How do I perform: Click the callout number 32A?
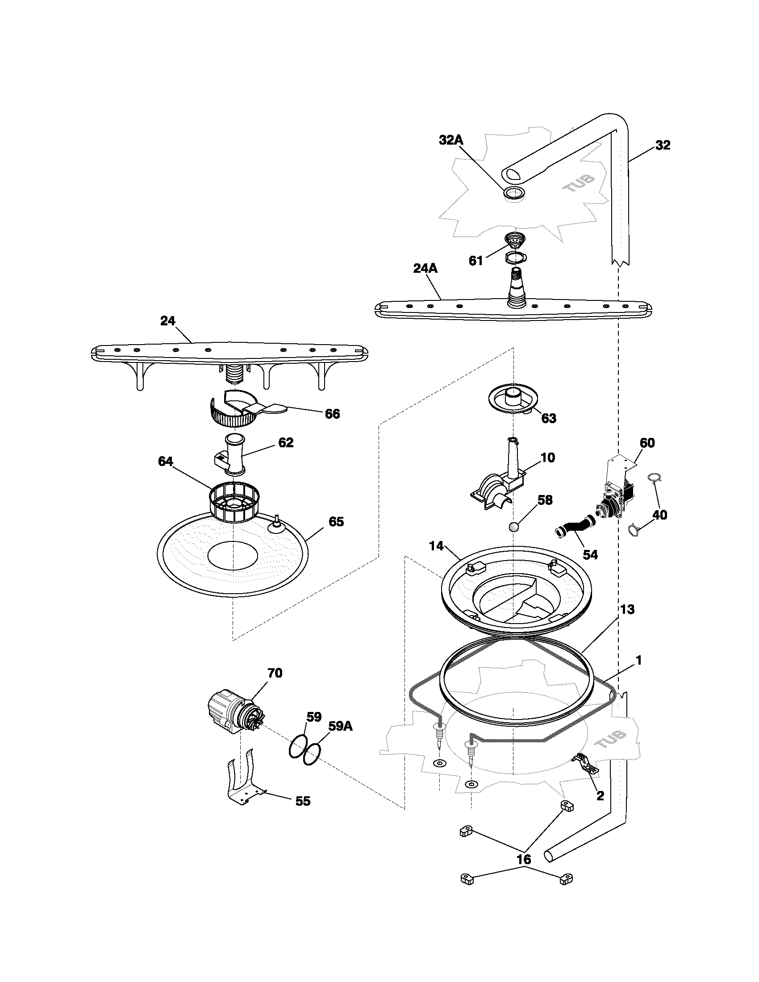tap(451, 140)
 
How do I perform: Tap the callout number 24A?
tap(425, 268)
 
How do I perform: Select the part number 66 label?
tap(332, 414)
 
